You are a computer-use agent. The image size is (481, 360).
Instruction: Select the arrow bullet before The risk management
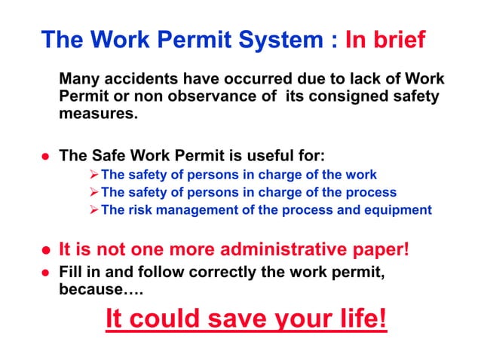pyautogui.click(x=93, y=210)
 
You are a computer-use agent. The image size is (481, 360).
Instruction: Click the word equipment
pyautogui.click(x=396, y=210)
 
